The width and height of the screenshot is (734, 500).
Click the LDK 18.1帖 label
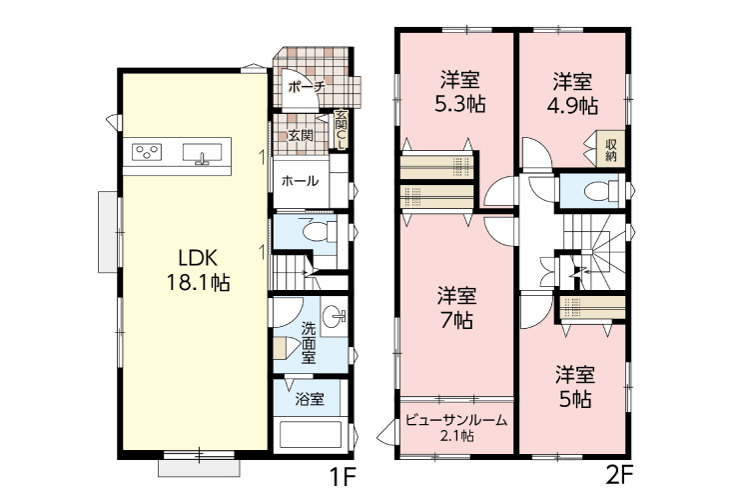coord(199,271)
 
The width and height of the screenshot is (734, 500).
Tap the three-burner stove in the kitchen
coord(147,152)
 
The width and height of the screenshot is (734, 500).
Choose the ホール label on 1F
coord(300,181)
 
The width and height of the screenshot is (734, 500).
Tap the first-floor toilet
coord(320,231)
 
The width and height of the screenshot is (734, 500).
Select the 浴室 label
coord(310,400)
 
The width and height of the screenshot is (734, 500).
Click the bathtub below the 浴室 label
coord(311,435)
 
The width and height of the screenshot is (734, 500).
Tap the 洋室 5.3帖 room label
coord(459,92)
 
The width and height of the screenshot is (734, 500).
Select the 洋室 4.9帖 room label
coord(572,94)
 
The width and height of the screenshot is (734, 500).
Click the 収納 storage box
coord(610,149)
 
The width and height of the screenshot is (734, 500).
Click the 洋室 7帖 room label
coord(457,308)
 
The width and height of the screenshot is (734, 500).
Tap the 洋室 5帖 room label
coord(575,387)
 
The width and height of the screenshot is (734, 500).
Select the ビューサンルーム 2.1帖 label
coord(456,427)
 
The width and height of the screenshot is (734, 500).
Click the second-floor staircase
coord(594,253)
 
